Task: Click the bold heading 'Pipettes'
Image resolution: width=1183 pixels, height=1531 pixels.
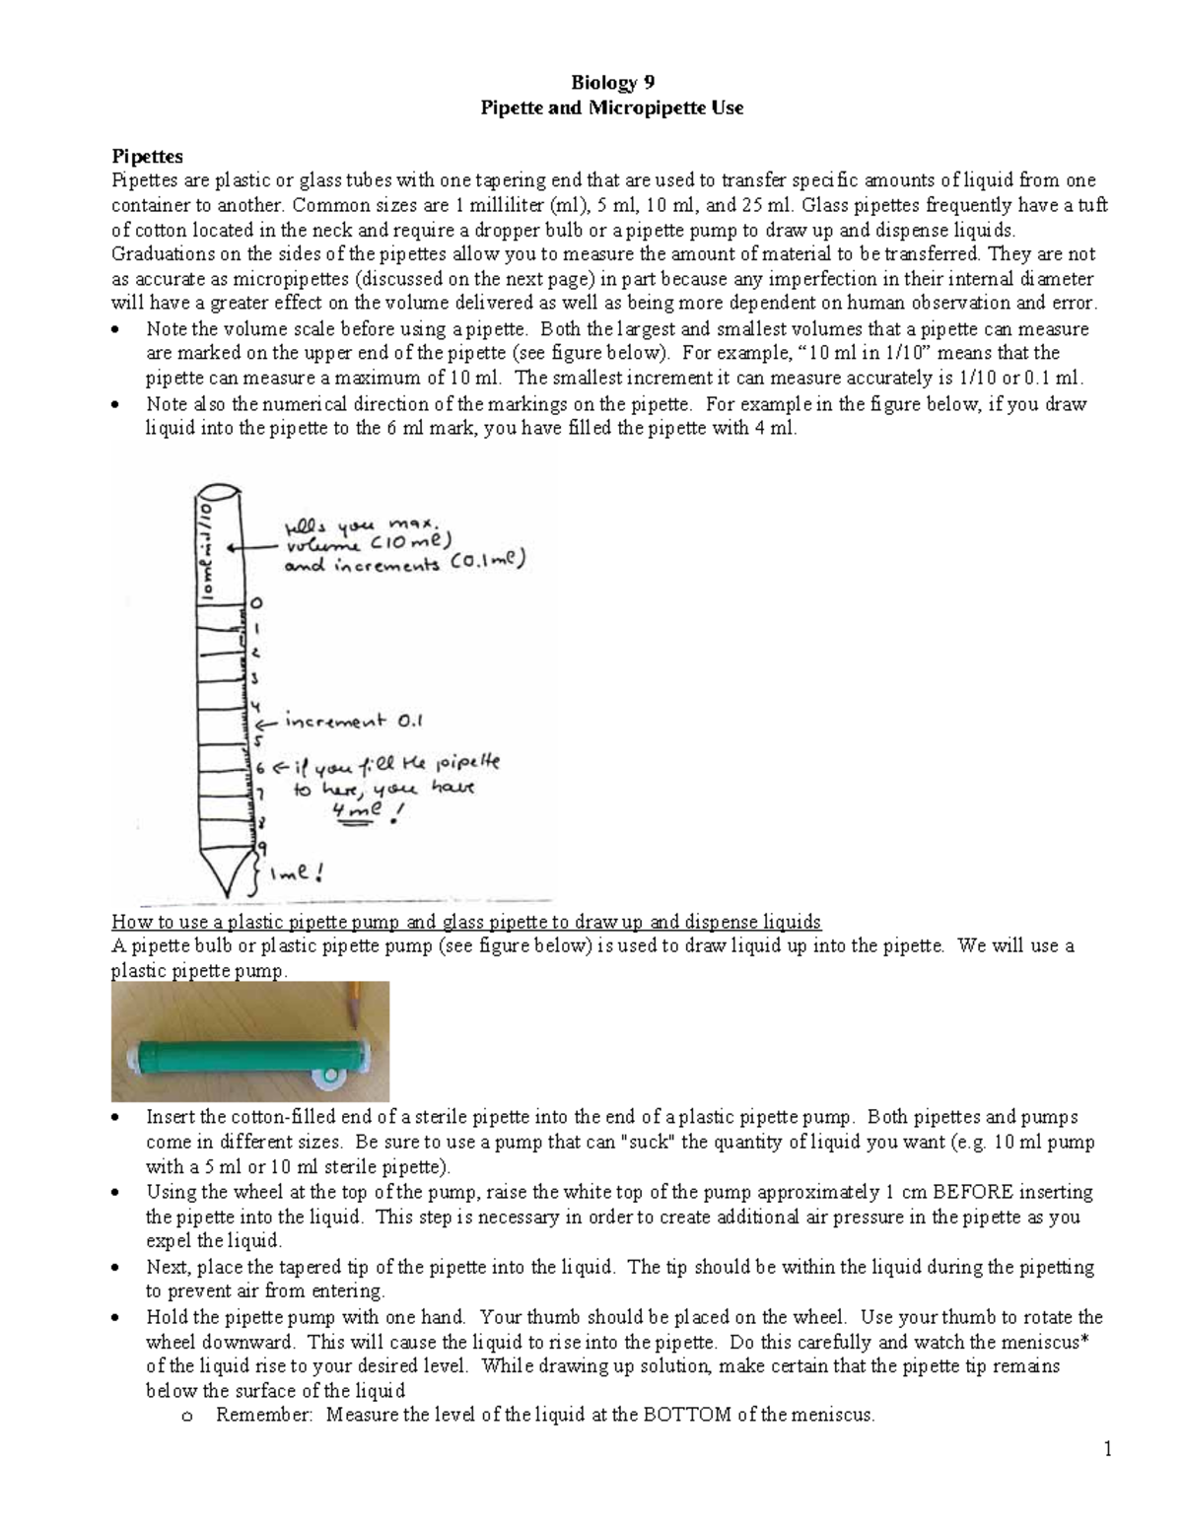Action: click(x=147, y=156)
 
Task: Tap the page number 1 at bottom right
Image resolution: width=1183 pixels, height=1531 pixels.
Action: click(x=1108, y=1448)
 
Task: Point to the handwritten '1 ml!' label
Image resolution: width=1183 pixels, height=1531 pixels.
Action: click(x=301, y=871)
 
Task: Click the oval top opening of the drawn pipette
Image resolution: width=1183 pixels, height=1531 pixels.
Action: click(x=219, y=491)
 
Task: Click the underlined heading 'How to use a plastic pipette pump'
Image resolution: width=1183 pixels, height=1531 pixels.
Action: click(x=465, y=922)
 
